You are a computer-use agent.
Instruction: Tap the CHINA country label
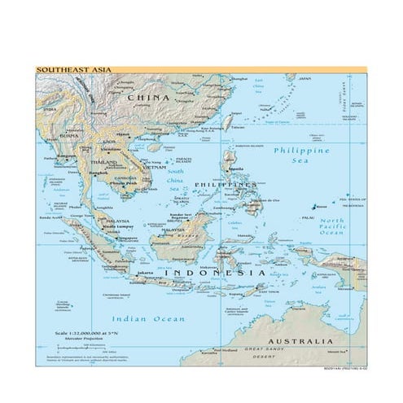click(147, 97)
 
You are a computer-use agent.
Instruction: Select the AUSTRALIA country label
click(300, 340)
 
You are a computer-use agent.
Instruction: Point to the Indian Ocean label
click(148, 318)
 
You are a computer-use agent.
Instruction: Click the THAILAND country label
click(103, 163)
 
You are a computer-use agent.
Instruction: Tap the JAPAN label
click(304, 79)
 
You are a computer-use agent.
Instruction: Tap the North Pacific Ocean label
click(331, 227)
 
